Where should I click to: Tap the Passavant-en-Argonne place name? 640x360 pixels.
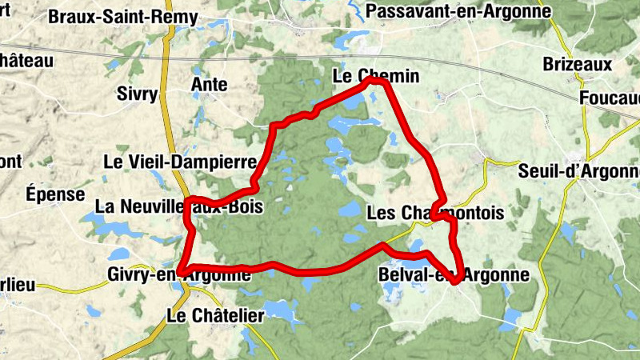tap(458, 11)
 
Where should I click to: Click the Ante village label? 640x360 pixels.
tap(210, 85)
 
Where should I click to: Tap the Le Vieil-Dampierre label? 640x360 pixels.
tap(180, 162)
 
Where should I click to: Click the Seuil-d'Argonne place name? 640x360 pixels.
tap(580, 171)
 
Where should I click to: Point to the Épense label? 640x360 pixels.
tap(55, 194)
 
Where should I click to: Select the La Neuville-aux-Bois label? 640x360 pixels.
tap(178, 206)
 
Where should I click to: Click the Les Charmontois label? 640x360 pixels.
tap(435, 214)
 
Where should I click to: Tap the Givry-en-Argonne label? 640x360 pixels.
tap(178, 275)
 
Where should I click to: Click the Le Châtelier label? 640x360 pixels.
tap(215, 316)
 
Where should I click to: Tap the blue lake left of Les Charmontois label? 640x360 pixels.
tap(350, 210)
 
